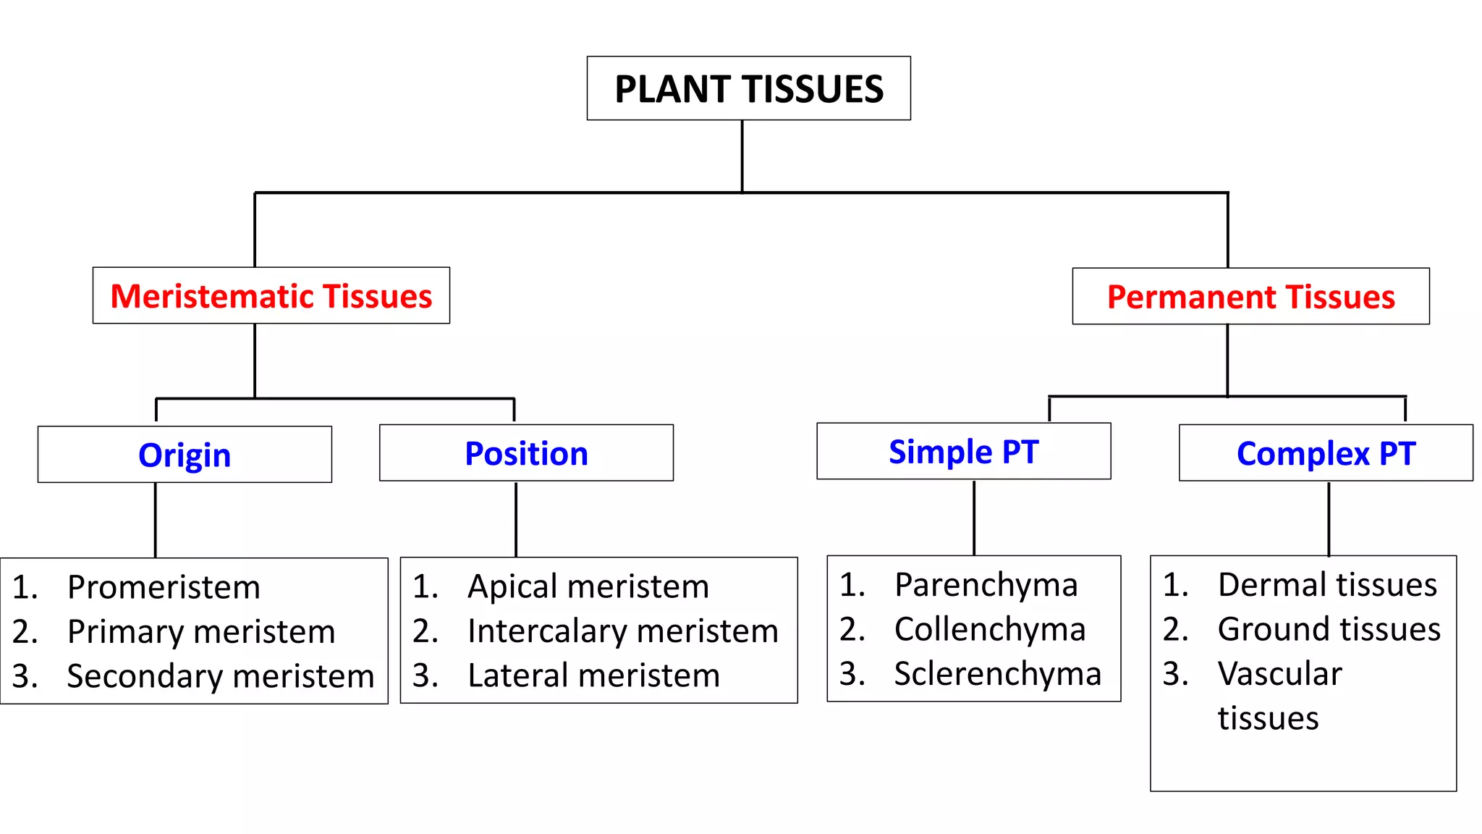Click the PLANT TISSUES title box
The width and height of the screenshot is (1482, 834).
748,89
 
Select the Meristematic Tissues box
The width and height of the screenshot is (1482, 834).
271,296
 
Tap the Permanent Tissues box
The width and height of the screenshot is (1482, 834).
1250,297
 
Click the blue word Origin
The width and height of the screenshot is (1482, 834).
185,455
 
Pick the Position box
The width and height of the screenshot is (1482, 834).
526,453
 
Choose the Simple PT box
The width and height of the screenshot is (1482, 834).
963,452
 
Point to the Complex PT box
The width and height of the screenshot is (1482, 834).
1326,453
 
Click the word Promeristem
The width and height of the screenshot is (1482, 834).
164,587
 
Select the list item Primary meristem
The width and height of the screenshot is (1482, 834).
201,632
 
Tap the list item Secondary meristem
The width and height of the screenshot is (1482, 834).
221,676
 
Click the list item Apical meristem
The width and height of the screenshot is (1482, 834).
588,586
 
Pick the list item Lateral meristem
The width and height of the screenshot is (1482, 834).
593,675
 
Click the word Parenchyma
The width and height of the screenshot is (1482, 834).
986,585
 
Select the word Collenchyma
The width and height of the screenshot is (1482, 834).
989,629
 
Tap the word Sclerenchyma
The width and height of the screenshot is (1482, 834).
997,674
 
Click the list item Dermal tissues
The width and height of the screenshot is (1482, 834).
1327,585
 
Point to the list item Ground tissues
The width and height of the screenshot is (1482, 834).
1329,629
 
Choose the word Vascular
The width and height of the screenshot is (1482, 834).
1279,674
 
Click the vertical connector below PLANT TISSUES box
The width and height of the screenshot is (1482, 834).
742,156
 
